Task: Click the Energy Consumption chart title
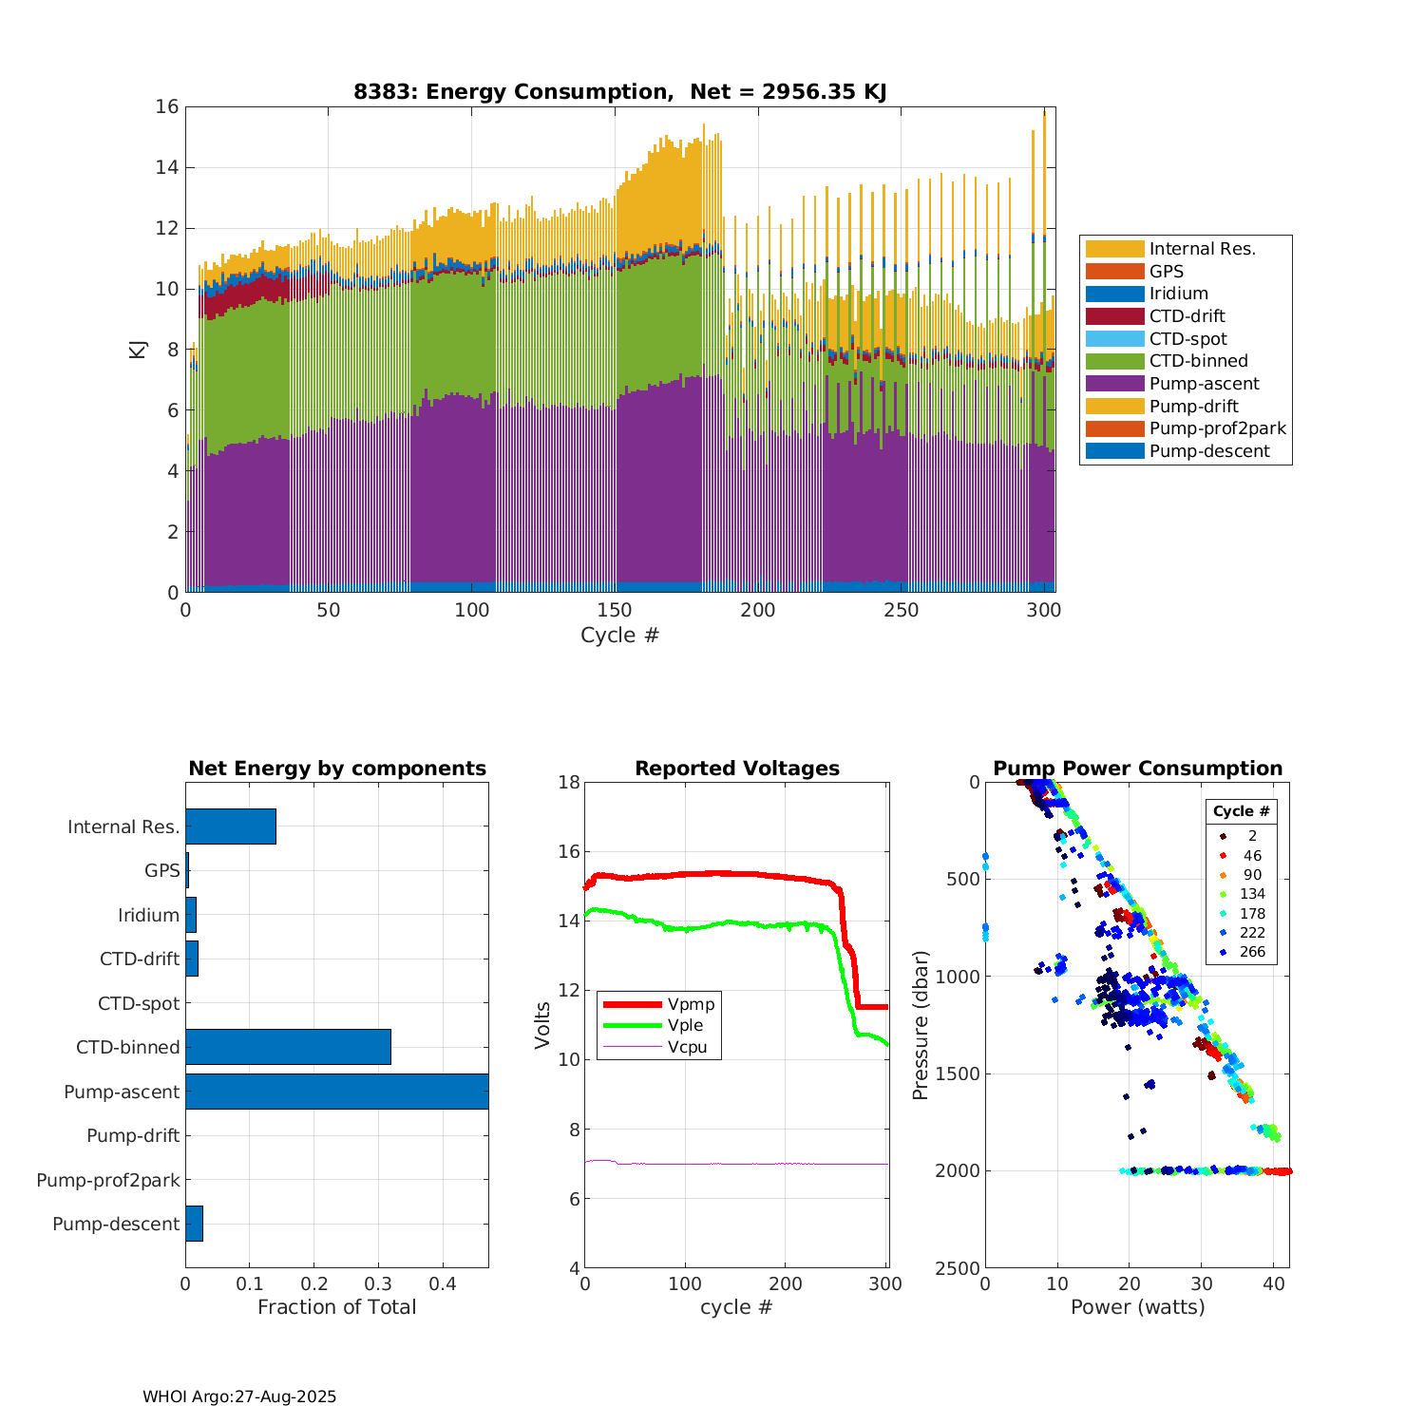(619, 91)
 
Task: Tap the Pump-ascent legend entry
(1204, 384)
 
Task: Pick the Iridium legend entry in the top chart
(1178, 294)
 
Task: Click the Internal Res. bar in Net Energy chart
(231, 826)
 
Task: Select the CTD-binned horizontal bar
(288, 1047)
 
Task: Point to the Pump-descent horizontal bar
(194, 1224)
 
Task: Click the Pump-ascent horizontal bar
(336, 1092)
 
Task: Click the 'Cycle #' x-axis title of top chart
(619, 635)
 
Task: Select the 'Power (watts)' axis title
(1137, 1307)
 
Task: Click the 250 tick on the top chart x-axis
(902, 610)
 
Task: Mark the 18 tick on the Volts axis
(569, 782)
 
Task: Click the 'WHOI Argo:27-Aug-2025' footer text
(239, 1396)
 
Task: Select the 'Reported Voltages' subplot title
(737, 769)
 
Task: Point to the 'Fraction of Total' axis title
(336, 1307)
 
